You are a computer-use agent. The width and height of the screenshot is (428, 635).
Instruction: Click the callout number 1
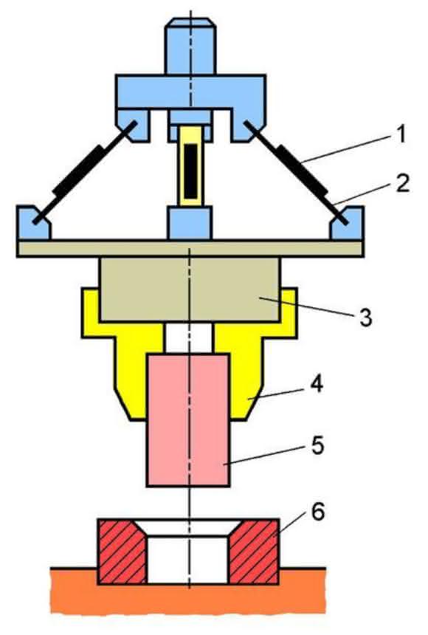(400, 134)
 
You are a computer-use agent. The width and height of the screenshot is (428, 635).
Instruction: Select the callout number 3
(365, 318)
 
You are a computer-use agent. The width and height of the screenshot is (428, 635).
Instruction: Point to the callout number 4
(317, 383)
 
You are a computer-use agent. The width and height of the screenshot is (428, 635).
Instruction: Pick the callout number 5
(317, 445)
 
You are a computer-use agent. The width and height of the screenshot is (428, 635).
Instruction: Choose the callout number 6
(318, 512)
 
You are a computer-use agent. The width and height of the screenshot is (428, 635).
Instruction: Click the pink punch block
(189, 420)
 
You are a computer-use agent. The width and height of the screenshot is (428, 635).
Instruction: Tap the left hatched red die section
(122, 552)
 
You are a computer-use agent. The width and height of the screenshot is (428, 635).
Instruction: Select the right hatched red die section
(255, 552)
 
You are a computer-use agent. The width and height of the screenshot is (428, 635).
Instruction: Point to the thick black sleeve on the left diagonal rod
(79, 171)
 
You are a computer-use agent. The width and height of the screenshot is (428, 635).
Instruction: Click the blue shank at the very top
(191, 47)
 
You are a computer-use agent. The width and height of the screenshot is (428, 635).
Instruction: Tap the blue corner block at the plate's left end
(34, 223)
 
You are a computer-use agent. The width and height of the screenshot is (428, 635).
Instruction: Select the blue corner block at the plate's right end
(347, 223)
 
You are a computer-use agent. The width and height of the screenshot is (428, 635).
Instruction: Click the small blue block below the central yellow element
(190, 223)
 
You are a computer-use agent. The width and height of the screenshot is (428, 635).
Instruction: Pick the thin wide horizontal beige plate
(190, 249)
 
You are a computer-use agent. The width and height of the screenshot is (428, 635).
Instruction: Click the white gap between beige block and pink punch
(189, 339)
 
